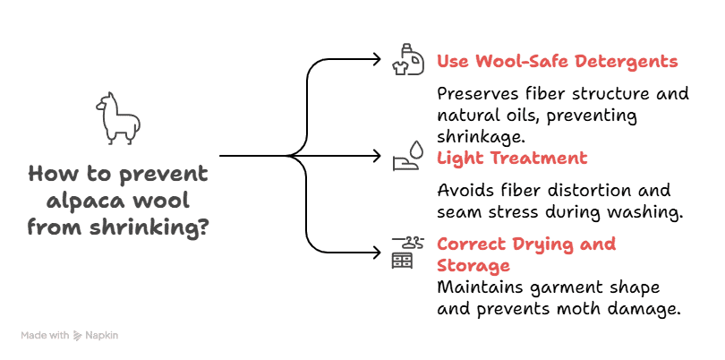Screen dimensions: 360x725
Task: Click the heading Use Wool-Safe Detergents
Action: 557,62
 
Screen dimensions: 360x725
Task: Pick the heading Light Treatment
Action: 512,158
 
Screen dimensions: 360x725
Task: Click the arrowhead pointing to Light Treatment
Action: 376,156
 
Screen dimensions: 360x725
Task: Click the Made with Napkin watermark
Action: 69,335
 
